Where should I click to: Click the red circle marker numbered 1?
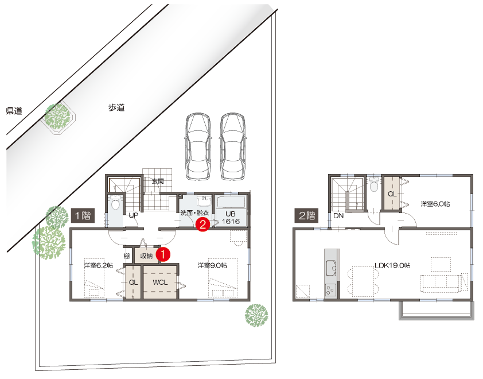163,254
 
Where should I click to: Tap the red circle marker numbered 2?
202,224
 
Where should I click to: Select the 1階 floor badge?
83,215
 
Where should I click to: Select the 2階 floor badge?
307,215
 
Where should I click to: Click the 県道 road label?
14,111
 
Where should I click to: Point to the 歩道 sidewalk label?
116,107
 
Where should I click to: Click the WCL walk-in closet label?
160,282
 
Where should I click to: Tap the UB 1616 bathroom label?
231,218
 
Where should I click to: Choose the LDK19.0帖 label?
392,265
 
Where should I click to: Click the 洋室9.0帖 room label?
213,265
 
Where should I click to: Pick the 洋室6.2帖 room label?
99,265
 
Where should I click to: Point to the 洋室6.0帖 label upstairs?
435,204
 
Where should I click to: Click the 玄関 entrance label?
158,181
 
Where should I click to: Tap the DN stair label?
338,216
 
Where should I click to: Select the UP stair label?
134,215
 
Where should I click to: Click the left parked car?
198,146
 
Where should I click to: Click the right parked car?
233,146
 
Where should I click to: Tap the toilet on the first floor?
115,203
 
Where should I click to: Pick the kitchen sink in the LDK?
331,268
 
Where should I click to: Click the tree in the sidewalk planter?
57,117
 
